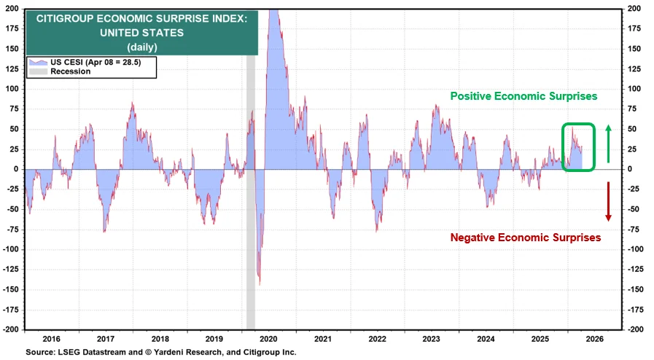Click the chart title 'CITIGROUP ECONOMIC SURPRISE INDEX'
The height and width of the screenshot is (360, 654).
141,19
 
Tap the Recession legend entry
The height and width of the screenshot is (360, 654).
60,71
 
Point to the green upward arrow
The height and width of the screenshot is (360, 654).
609,144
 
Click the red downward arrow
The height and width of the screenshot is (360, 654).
609,201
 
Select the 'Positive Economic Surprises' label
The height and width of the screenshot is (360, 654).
524,96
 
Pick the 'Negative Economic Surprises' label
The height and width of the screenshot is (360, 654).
526,238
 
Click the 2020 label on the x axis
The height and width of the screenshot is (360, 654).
268,339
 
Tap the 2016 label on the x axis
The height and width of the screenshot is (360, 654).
51,339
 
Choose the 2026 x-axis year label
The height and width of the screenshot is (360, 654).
594,339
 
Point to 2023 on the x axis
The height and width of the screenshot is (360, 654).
432,339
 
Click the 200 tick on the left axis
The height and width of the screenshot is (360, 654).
12,8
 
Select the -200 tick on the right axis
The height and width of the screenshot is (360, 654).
635,329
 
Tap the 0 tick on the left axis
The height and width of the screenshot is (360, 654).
16,169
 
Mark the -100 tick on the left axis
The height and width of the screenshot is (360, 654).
11,249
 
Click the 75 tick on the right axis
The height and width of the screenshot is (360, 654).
633,109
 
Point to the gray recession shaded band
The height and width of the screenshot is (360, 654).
251,192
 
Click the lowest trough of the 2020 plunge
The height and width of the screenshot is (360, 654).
260,285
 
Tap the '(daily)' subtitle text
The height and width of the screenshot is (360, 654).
142,47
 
